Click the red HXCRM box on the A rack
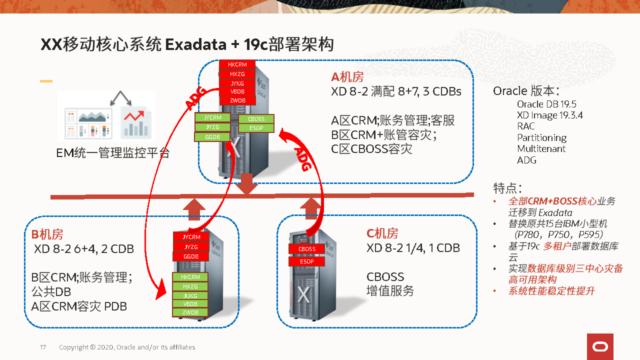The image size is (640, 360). tap(237, 64)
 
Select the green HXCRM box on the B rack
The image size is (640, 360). tap(190, 277)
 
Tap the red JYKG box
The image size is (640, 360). tap(237, 83)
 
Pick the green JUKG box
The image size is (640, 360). tap(190, 295)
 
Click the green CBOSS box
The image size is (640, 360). tap(256, 119)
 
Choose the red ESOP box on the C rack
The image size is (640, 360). tap(307, 261)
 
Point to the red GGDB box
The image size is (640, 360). tap(191, 256)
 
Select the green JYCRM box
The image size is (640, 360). tap(212, 117)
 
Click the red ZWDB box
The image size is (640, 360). tap(237, 100)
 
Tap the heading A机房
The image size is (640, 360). tap(347, 77)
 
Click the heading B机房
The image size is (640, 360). tap(47, 234)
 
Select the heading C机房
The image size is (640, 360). tap(382, 233)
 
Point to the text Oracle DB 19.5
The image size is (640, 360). tap(546, 104)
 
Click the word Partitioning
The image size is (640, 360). tap(541, 137)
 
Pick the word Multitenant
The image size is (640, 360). tap(541, 149)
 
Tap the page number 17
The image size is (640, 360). tap(43, 347)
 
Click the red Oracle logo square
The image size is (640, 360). tap(600, 346)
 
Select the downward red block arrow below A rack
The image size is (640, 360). tap(247, 183)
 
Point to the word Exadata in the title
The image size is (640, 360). tap(195, 44)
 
